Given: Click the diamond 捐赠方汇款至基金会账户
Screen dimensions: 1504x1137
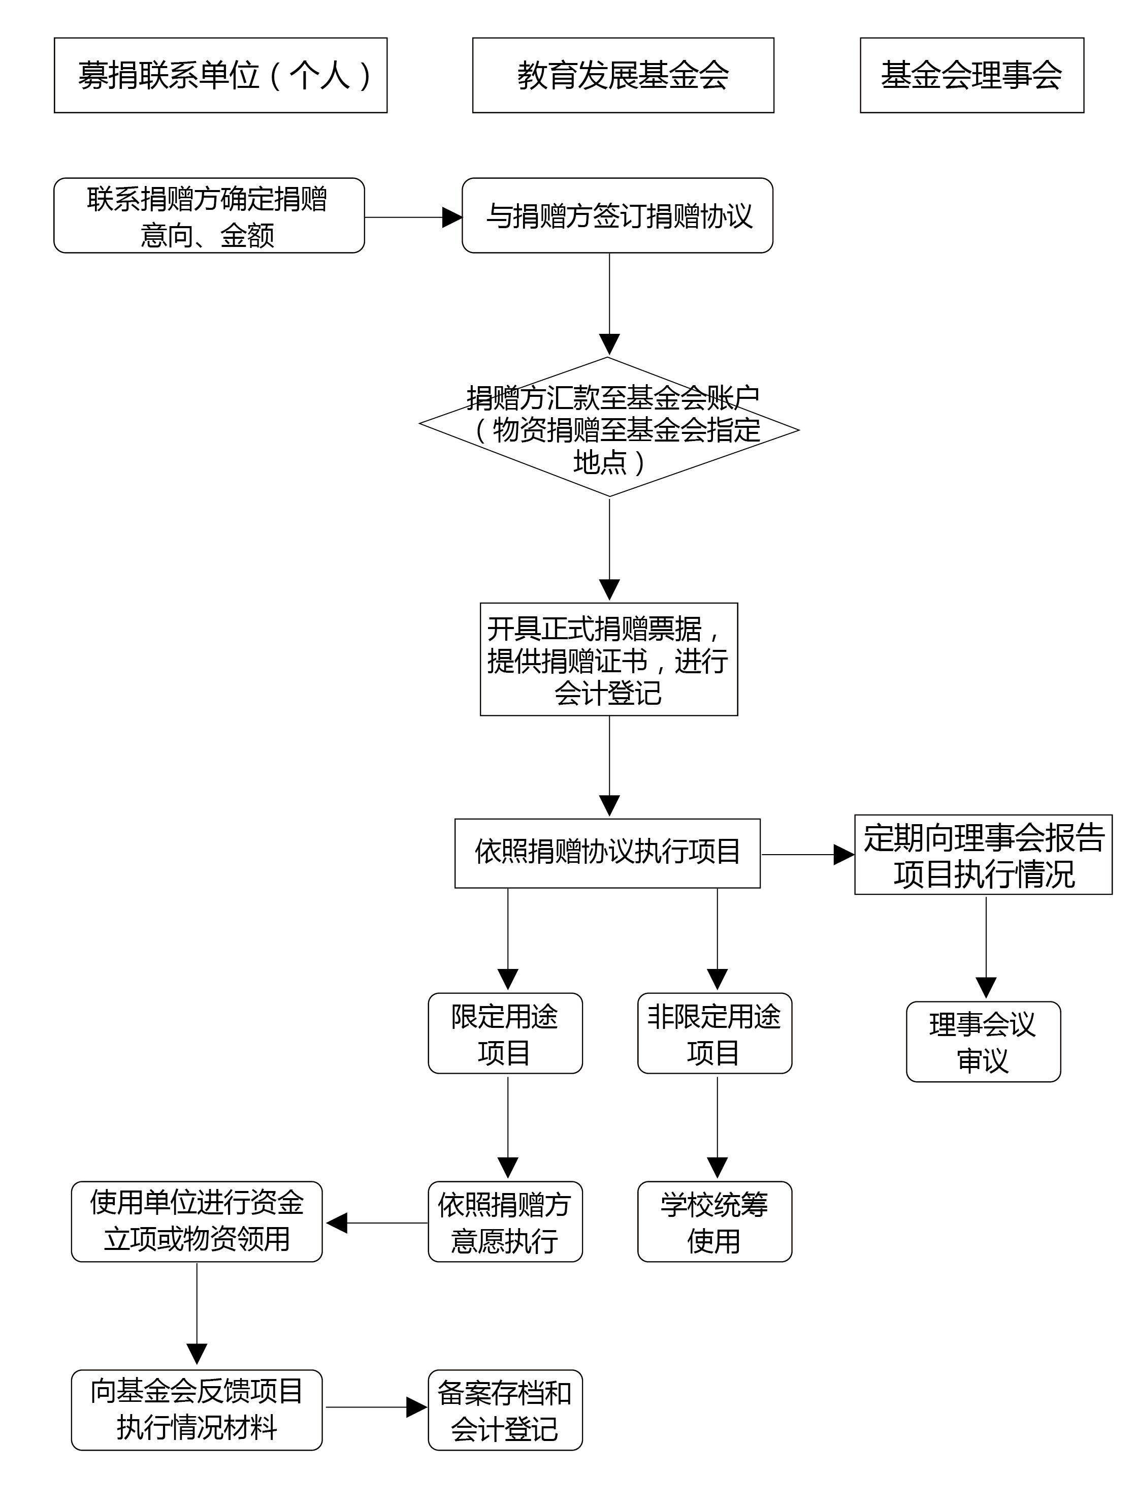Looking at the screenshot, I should (x=609, y=427).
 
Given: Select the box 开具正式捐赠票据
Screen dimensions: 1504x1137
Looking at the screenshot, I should (x=608, y=659).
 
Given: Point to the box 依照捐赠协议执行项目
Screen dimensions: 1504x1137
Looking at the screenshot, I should (x=607, y=853).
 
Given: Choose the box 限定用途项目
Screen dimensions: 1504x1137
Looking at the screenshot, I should (x=505, y=1033).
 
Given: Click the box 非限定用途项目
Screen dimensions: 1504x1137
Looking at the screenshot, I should (x=714, y=1033).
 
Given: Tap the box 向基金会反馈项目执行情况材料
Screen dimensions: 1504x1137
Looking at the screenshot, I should (x=197, y=1410).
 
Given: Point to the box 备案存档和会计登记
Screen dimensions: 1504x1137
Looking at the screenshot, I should (x=505, y=1410).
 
